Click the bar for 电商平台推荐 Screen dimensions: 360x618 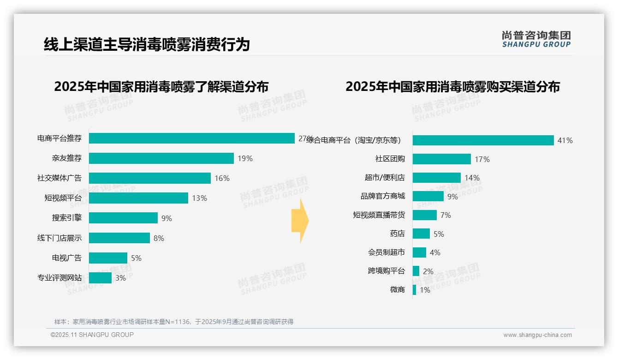click(191, 138)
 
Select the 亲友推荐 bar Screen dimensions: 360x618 click(161, 158)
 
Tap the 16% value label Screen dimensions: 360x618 click(222, 178)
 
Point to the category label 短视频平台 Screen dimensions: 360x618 click(63, 198)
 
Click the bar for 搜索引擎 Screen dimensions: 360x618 click(123, 218)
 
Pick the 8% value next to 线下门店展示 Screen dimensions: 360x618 click(159, 238)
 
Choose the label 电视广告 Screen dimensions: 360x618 click(66, 258)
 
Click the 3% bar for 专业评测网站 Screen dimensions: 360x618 click(100, 278)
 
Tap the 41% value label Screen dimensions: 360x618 click(565, 140)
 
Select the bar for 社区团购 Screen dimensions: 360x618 click(441, 159)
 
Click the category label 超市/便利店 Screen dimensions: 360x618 click(385, 178)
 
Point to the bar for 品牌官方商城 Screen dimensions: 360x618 click(428, 196)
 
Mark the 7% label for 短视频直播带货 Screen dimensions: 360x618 click(446, 215)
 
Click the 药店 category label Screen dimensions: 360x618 click(397, 234)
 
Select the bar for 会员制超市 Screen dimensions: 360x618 click(419, 252)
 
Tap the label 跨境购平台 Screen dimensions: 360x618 click(386, 271)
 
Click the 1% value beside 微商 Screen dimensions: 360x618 click(425, 290)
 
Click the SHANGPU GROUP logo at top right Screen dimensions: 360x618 click(536, 39)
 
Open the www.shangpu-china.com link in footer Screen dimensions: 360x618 click(537, 335)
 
